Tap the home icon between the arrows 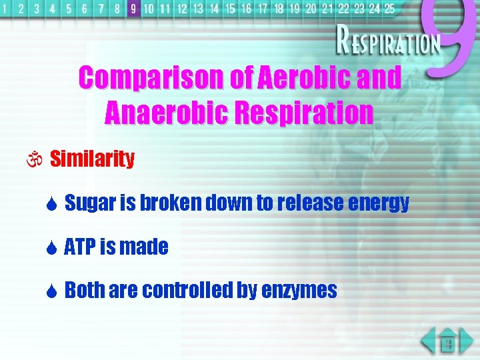point(448,343)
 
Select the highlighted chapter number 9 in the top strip point(133,9)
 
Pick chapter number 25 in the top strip point(389,9)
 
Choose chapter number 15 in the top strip point(230,9)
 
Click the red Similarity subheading point(92,159)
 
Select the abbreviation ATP point(80,247)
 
